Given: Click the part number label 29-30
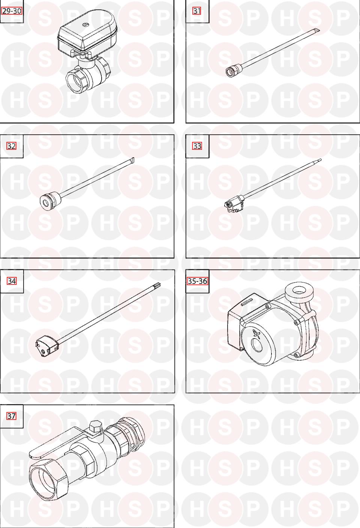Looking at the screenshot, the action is (x=11, y=11).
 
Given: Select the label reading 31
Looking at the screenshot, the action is (x=197, y=11).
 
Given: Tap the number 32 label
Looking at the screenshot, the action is (x=11, y=146).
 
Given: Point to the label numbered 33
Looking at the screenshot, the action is (x=197, y=146).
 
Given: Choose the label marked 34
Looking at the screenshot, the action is (x=12, y=281).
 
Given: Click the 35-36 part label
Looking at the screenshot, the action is (x=197, y=281).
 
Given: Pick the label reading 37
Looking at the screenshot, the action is (x=11, y=416).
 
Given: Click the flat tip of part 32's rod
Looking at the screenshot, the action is (x=132, y=160).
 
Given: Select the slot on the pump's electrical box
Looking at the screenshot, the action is (x=247, y=302).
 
